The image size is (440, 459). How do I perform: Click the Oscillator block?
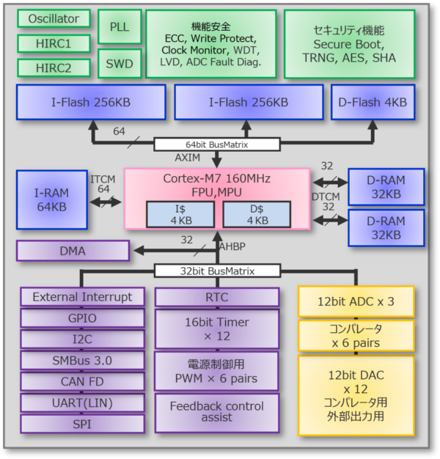pos(53,18)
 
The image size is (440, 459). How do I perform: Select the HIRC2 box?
pos(53,68)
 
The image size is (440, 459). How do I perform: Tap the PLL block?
pos(119,26)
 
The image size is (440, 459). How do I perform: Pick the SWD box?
pos(119,64)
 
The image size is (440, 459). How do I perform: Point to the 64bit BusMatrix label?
pos(216,144)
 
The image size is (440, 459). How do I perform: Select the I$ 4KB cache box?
pos(181,214)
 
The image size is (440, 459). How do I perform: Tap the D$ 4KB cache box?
pos(257,214)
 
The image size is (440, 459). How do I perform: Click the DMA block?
pos(73,251)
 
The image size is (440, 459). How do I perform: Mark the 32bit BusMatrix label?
pos(216,271)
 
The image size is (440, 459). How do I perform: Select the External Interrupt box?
pos(82,297)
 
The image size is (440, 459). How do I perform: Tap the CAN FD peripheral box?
pos(82,381)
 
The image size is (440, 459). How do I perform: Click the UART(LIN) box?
pos(82,403)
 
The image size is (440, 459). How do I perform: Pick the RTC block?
pos(216,297)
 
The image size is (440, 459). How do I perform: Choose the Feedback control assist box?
pos(216,411)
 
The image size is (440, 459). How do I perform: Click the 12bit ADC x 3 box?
pos(356,301)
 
